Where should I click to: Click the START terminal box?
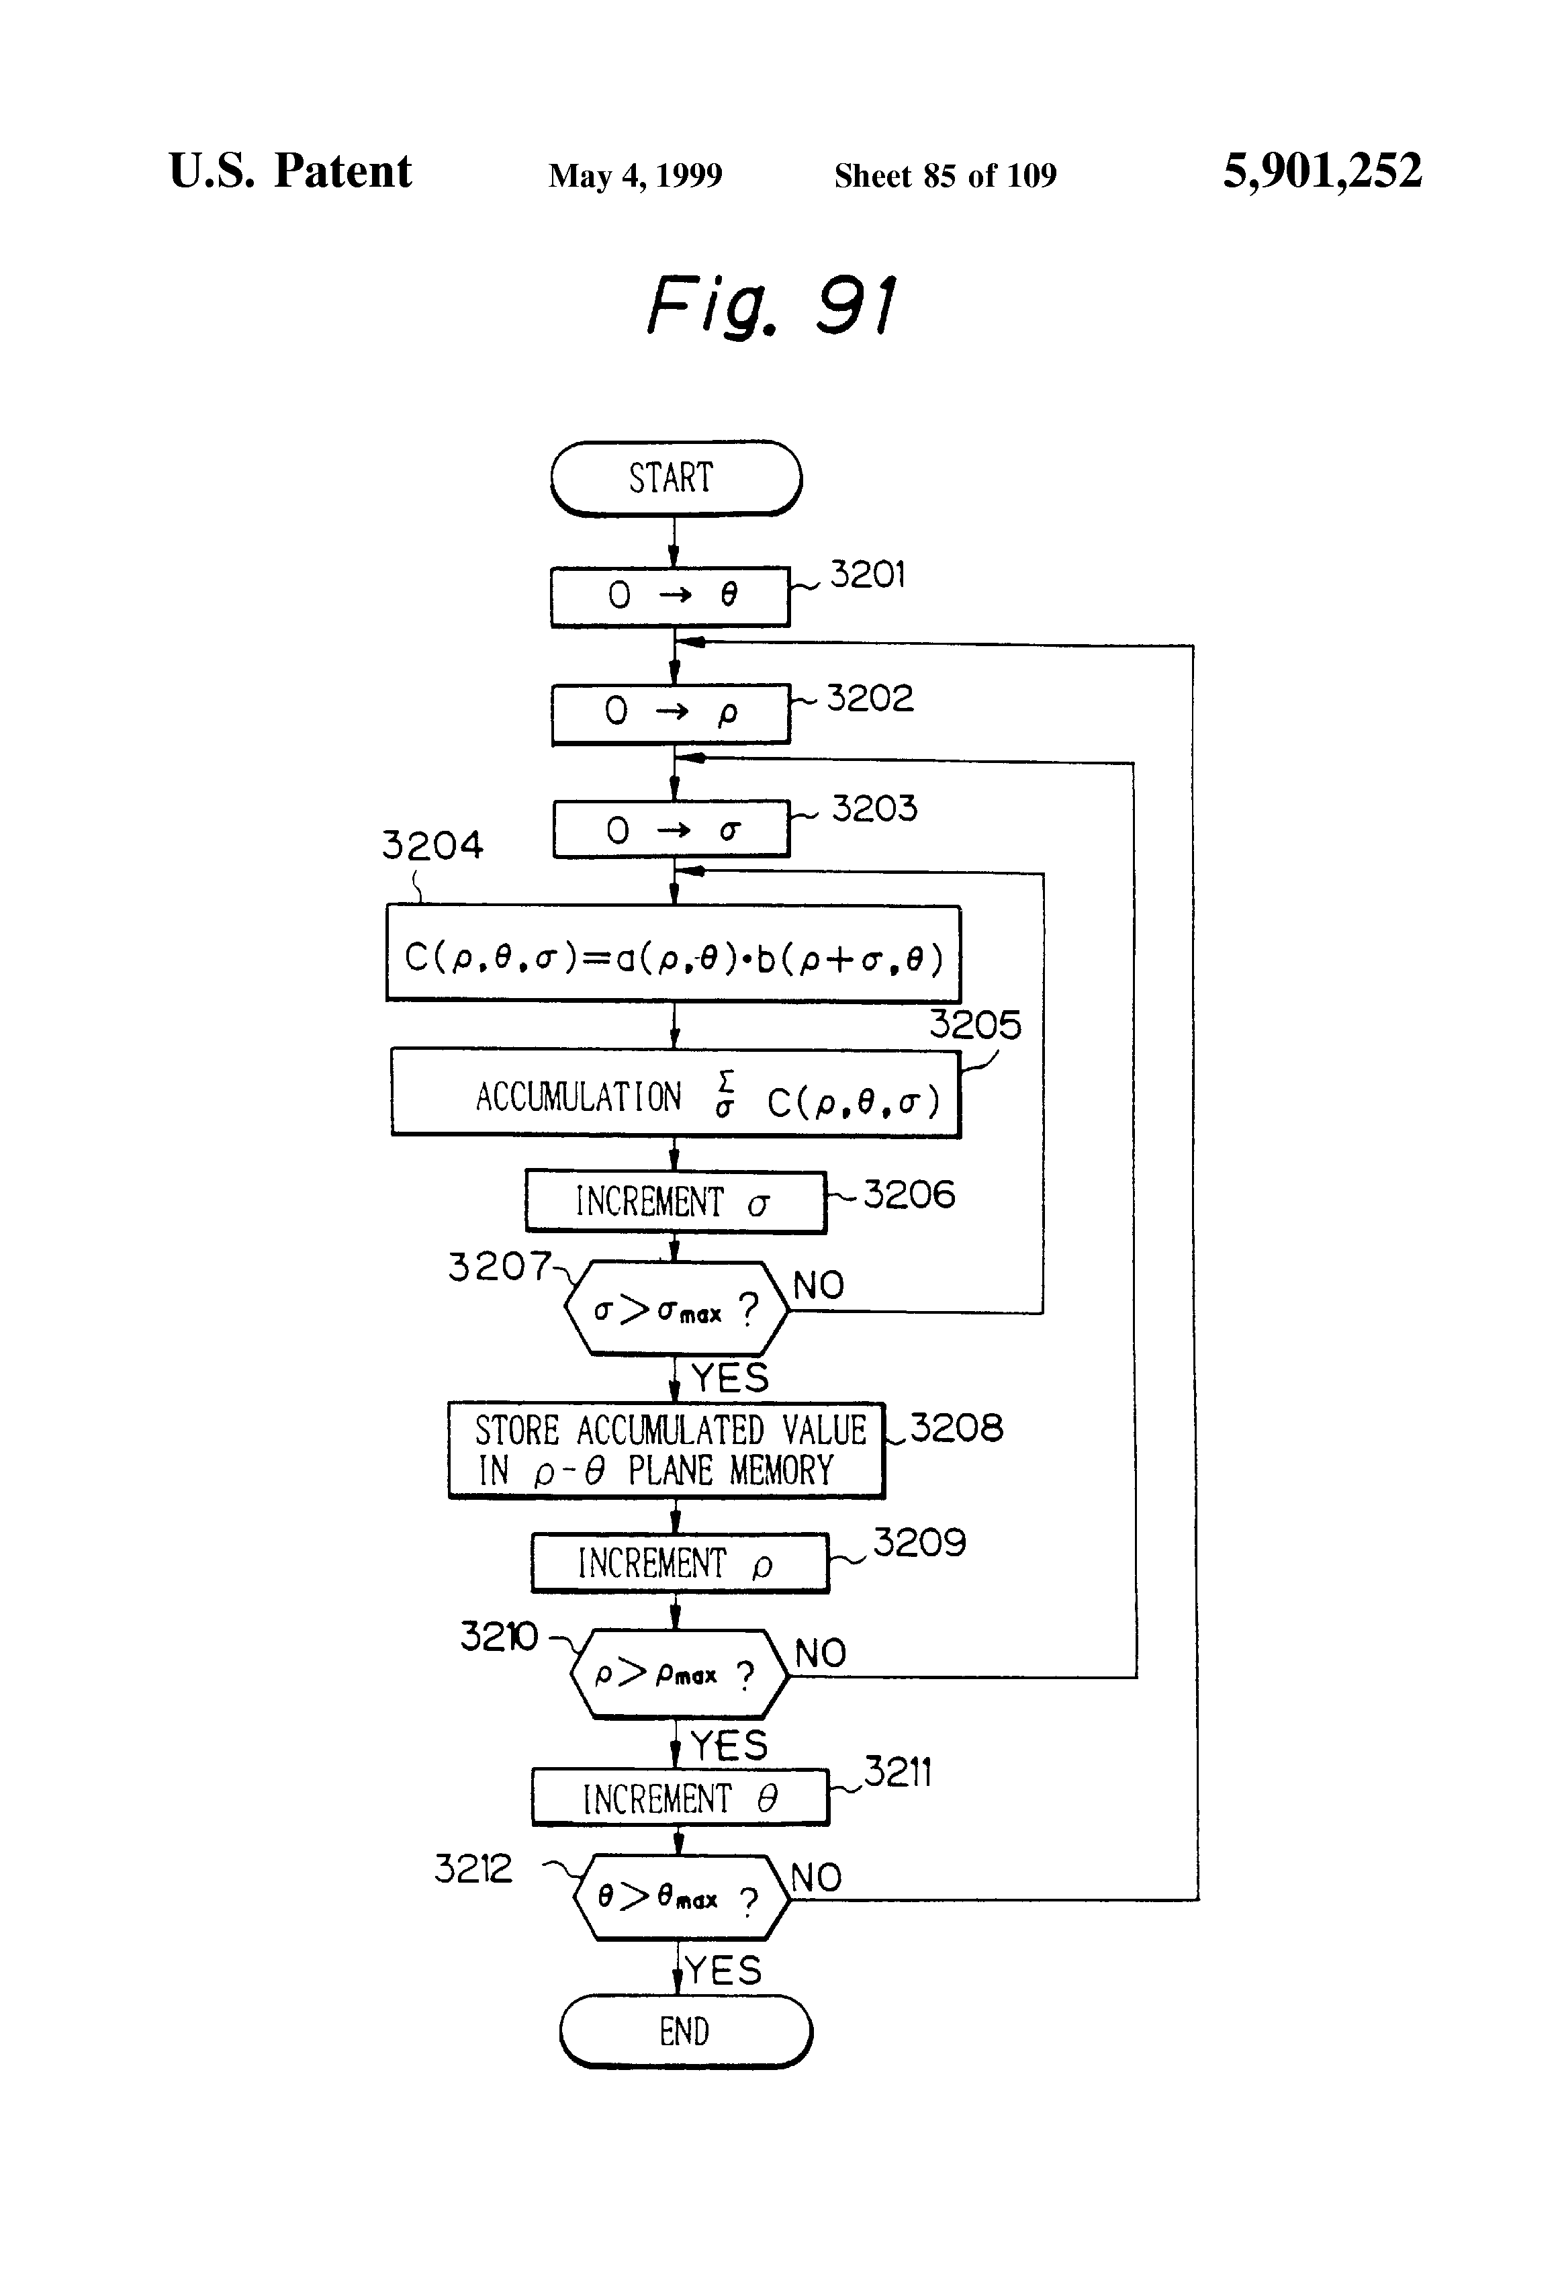tap(676, 479)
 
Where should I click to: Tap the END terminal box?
tap(686, 2031)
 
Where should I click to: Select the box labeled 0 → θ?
tap(670, 596)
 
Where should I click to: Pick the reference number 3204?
tap(432, 845)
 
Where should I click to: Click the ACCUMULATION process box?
tap(675, 1094)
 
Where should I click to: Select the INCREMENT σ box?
tap(675, 1202)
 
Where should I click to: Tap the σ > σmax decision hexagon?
tap(676, 1309)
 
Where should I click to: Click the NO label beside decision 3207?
tap(819, 1286)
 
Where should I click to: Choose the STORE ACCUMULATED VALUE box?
tap(666, 1451)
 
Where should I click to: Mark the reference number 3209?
tap(919, 1542)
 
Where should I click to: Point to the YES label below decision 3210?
tap(729, 1746)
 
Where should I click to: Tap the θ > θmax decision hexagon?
tap(680, 1898)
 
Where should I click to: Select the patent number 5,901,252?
tap(1322, 171)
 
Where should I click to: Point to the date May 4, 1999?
tap(635, 176)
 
